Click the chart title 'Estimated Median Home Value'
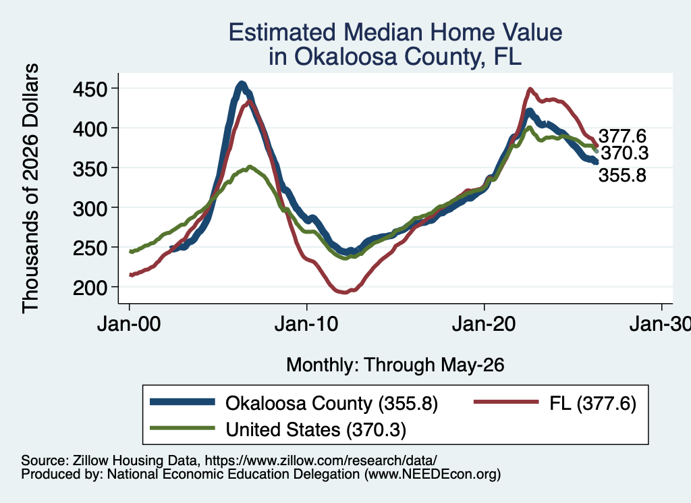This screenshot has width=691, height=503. click(395, 32)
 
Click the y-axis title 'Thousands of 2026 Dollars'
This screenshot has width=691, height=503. click(30, 188)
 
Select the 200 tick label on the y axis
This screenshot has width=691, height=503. click(90, 288)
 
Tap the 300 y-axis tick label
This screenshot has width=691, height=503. click(90, 208)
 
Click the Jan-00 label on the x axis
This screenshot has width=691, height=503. click(129, 325)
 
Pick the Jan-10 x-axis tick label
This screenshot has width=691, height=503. click(306, 325)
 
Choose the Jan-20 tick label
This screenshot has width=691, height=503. click(484, 325)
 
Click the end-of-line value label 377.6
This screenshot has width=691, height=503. click(622, 136)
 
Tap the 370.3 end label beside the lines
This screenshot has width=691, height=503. click(625, 153)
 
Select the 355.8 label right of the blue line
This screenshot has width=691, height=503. click(622, 176)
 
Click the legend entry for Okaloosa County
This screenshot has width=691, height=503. click(294, 403)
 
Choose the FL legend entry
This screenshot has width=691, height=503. click(555, 403)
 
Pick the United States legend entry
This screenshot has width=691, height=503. click(278, 429)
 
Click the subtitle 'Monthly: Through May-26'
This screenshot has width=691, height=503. click(395, 365)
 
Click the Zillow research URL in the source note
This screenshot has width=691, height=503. click(321, 460)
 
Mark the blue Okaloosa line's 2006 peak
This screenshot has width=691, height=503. click(242, 84)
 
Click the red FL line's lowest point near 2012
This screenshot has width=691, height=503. click(343, 292)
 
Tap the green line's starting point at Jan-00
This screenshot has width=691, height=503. click(130, 252)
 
